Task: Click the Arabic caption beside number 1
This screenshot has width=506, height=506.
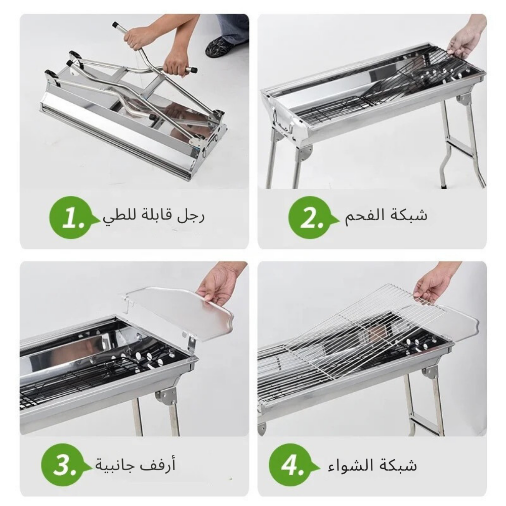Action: click(154, 215)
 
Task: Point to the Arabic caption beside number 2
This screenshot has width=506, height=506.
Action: click(386, 215)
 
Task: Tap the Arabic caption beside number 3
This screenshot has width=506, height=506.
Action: click(135, 465)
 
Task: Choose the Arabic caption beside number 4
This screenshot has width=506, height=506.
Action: click(372, 465)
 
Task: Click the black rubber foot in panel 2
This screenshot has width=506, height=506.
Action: click(444, 186)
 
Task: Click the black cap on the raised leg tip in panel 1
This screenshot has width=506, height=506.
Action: click(115, 25)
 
